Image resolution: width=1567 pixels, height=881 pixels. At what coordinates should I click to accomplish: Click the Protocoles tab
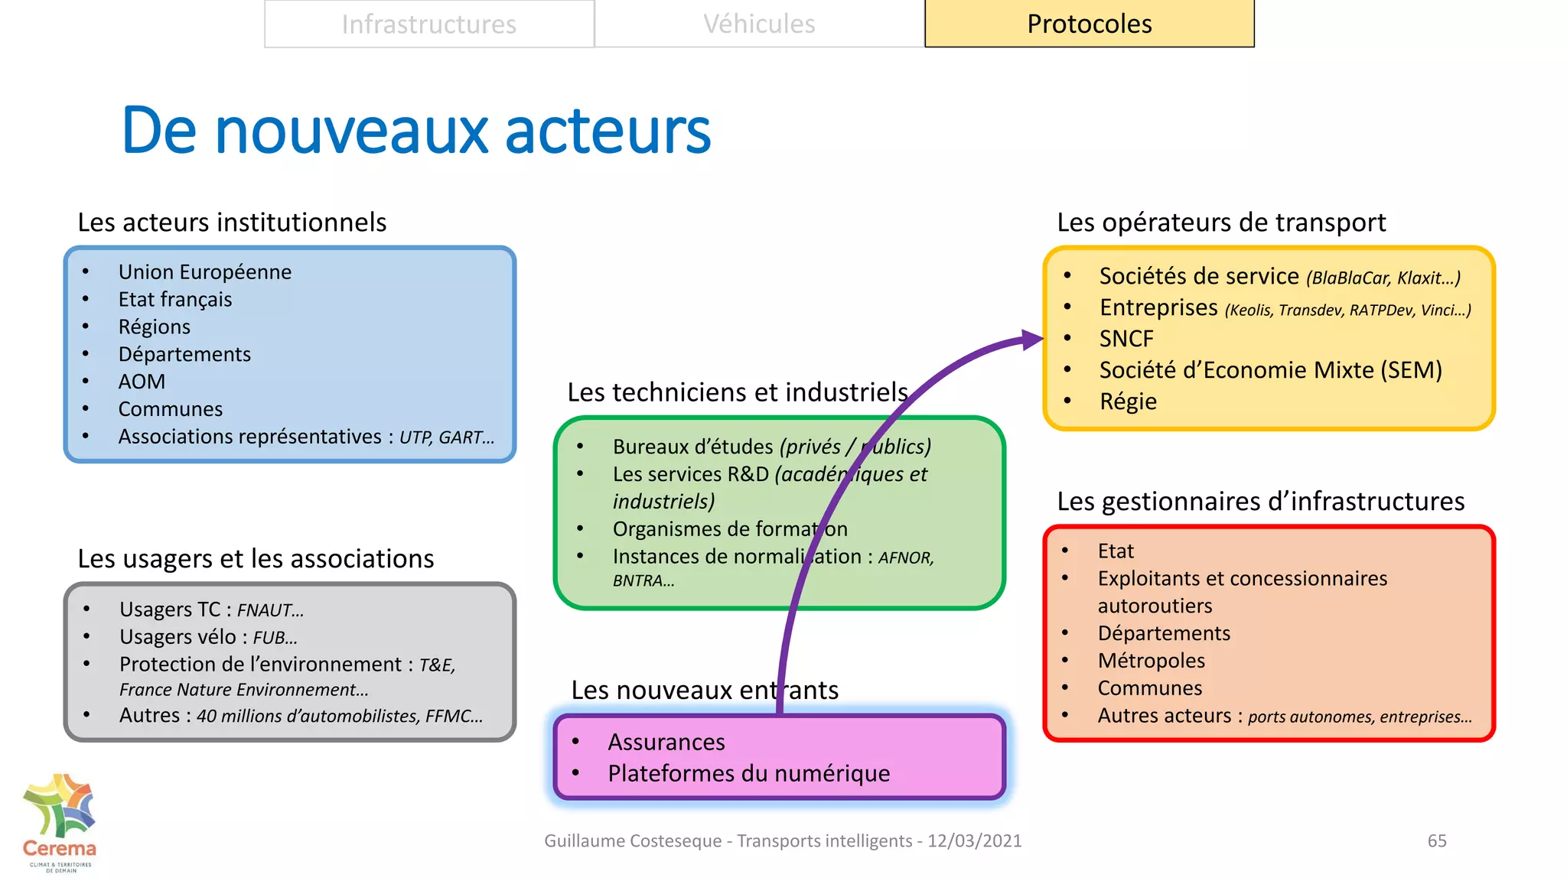point(1089,24)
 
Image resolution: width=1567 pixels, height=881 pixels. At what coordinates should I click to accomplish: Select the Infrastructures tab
point(428,24)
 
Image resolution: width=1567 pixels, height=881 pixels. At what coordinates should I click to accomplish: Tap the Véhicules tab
point(759,24)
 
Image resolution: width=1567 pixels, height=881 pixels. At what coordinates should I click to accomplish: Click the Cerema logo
point(60,823)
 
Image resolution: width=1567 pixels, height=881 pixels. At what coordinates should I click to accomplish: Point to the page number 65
point(1436,840)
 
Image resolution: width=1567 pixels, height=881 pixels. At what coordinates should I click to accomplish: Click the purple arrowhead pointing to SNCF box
point(1032,340)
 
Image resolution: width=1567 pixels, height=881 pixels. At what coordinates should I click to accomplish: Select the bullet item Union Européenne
point(204,272)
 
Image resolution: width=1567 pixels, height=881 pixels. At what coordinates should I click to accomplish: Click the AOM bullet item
point(142,382)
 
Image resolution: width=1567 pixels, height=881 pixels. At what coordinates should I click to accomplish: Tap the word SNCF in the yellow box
point(1126,339)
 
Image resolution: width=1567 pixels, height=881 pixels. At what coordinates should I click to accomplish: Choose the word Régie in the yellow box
point(1128,401)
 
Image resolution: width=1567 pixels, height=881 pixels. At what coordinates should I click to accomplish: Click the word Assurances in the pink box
point(666,742)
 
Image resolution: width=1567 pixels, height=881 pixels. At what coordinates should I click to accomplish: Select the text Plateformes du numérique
point(748,773)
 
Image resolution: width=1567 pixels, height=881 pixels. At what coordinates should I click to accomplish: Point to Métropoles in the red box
point(1151,661)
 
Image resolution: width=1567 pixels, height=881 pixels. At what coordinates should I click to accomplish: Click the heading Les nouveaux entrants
point(704,690)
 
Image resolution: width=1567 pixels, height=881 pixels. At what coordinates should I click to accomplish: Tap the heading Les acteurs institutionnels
point(232,223)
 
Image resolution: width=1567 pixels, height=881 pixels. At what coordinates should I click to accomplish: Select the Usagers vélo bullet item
point(208,637)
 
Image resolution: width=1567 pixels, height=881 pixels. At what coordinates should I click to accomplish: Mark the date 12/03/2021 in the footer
point(974,840)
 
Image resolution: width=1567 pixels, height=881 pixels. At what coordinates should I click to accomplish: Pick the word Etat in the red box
point(1116,551)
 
